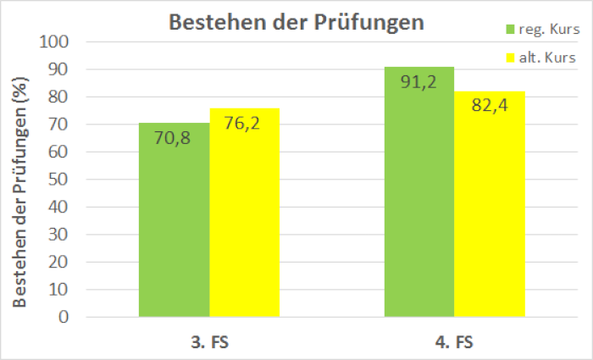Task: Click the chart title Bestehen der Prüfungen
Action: pos(296,22)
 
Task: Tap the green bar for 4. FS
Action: pos(418,203)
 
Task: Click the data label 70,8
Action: pos(175,136)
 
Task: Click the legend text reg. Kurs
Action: pos(548,30)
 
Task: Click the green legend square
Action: pos(511,30)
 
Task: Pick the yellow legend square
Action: pos(511,58)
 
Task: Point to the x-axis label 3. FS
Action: pos(209,343)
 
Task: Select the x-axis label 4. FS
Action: pos(453,343)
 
